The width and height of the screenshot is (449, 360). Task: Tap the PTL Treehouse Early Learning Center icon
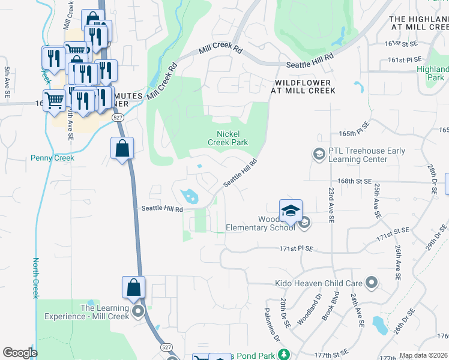pyautogui.click(x=318, y=155)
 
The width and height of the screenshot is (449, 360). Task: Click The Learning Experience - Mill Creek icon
pyautogui.click(x=139, y=311)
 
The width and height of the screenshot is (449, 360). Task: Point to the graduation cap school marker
pyautogui.click(x=291, y=211)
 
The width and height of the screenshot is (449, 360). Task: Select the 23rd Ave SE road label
pyautogui.click(x=331, y=204)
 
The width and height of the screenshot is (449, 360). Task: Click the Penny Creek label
pyautogui.click(x=52, y=158)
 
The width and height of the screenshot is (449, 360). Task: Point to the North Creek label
pyautogui.click(x=35, y=278)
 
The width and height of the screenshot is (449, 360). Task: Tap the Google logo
pyautogui.click(x=20, y=353)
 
